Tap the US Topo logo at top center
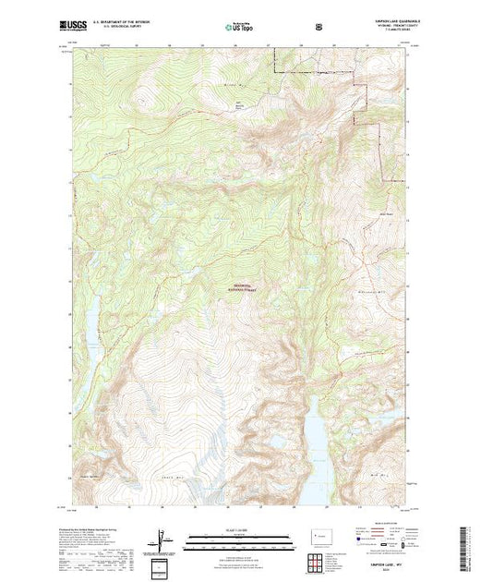coord(240,27)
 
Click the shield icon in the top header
coord(319,27)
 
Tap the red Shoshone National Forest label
coord(242,288)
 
